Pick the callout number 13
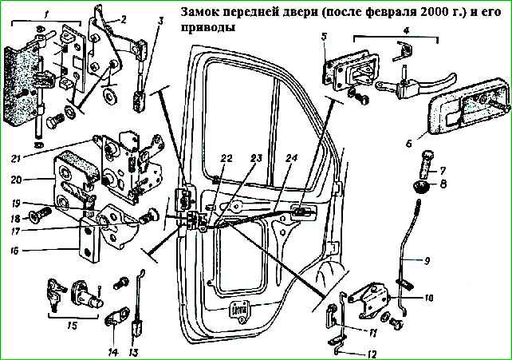133,351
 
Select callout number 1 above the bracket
46,14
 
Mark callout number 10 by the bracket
427,299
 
